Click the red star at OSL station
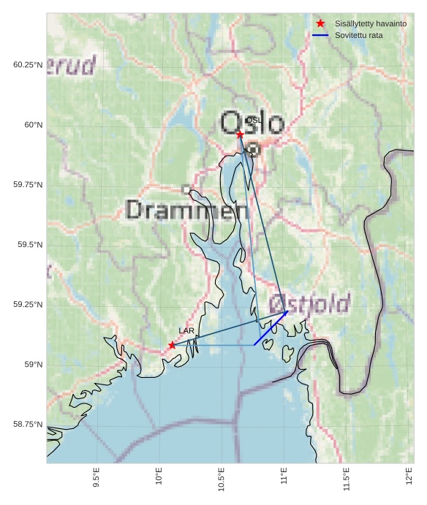click(x=240, y=134)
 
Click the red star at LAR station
click(x=172, y=345)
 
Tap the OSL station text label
click(x=253, y=120)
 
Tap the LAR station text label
click(x=186, y=331)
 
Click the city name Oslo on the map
click(x=252, y=123)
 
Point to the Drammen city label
click(x=187, y=210)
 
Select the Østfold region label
click(x=309, y=303)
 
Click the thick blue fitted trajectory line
click(x=271, y=328)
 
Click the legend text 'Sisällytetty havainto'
click(x=371, y=23)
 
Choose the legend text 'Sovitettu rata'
click(x=359, y=35)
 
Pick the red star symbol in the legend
click(x=320, y=23)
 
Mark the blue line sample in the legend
click(x=320, y=35)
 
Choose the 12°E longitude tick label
click(x=409, y=476)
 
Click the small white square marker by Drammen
click(x=186, y=189)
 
